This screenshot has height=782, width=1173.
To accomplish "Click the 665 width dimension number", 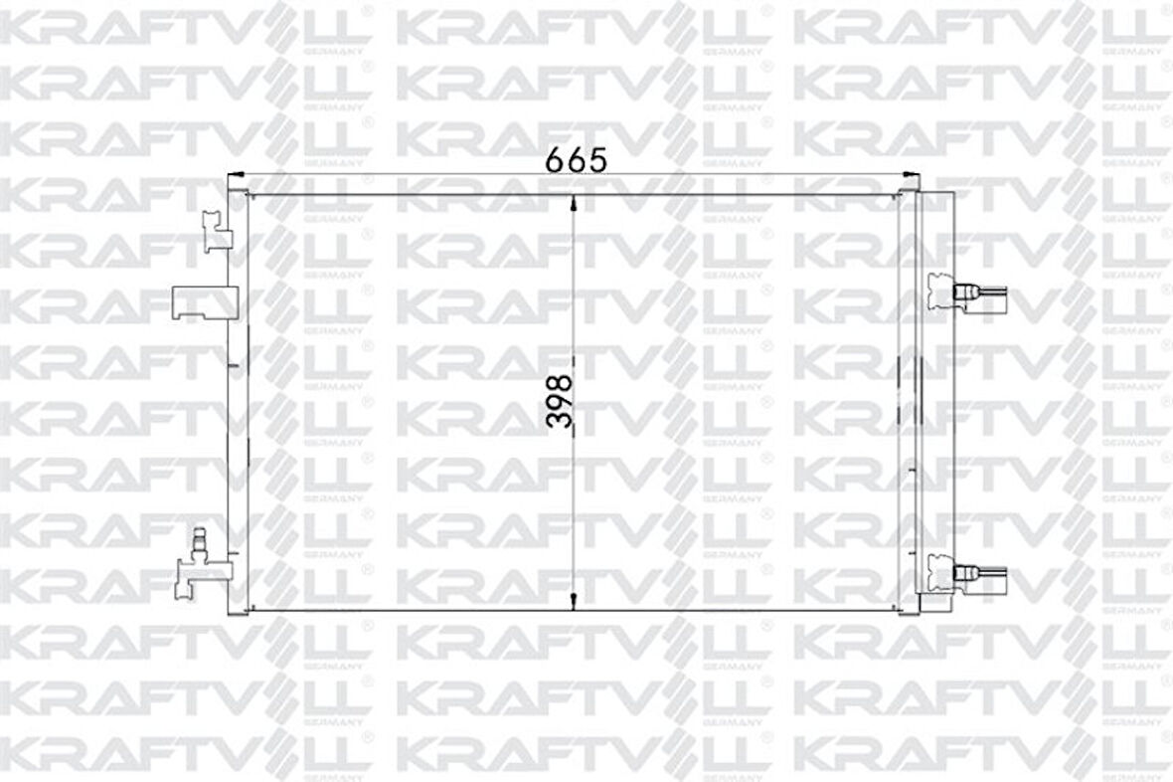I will click(576, 160).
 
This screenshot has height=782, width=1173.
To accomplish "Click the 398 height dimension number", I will click(561, 401).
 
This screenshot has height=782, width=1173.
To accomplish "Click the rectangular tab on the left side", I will click(204, 301).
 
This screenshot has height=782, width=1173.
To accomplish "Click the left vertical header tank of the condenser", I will click(237, 398).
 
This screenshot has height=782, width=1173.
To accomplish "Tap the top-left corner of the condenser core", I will click(248, 195).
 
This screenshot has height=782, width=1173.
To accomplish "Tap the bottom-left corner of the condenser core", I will click(248, 608).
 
